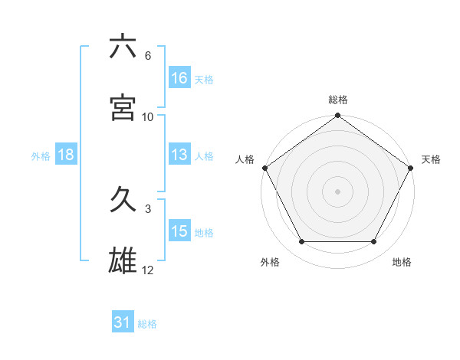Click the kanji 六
pyautogui.click(x=123, y=47)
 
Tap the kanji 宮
pyautogui.click(x=123, y=108)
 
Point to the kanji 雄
pyautogui.click(x=123, y=261)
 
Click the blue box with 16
pyautogui.click(x=179, y=78)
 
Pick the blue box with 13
pyautogui.click(x=179, y=155)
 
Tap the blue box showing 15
pyautogui.click(x=179, y=231)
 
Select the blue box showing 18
pyautogui.click(x=66, y=155)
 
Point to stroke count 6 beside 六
pyautogui.click(x=148, y=56)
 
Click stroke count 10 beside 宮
pyautogui.click(x=148, y=117)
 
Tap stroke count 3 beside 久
pyautogui.click(x=148, y=208)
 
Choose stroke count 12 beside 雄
pyautogui.click(x=148, y=270)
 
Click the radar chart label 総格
pyautogui.click(x=338, y=100)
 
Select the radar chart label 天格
pyautogui.click(x=431, y=159)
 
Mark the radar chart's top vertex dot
pyautogui.click(x=338, y=116)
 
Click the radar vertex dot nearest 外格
pyautogui.click(x=301, y=242)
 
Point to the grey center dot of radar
pyautogui.click(x=338, y=191)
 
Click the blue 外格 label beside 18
pyautogui.click(x=41, y=155)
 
